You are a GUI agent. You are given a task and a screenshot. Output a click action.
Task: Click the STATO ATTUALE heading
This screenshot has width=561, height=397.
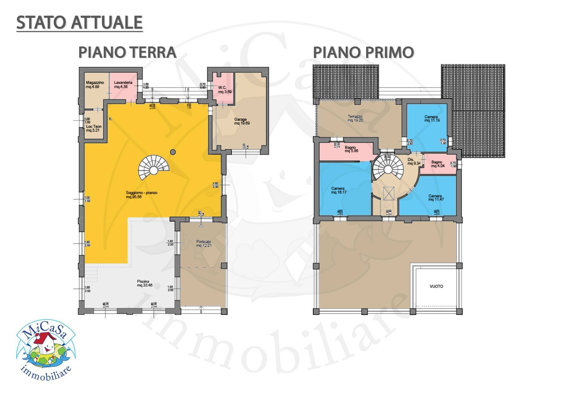79,23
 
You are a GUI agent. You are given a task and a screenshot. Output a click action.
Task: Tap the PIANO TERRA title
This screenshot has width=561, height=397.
127,52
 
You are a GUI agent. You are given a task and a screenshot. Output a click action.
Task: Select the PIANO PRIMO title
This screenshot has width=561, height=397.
363,52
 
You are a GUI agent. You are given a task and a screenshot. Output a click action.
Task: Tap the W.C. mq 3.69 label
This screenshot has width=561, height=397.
225,90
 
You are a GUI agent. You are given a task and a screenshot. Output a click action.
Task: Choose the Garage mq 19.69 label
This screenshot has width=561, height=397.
242,121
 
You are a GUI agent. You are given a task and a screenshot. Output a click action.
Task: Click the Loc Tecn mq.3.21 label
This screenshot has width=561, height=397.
93,128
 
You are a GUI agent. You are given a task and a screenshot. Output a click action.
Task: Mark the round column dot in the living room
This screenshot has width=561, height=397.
173,152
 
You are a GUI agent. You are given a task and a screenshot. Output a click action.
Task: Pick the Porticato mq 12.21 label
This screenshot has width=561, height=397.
204,243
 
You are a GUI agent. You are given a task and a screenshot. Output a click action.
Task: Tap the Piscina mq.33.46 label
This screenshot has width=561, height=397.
145,283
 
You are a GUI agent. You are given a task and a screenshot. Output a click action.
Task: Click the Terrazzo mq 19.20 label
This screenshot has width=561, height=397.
355,118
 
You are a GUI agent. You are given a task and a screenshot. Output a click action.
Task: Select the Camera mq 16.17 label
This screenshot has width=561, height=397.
338,190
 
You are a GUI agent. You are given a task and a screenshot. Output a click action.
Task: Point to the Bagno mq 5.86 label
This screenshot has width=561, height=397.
351,149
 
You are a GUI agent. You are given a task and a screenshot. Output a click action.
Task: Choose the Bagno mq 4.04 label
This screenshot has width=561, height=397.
437,164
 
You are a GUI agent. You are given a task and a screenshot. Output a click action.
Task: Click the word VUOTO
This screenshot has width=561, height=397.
436,286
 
